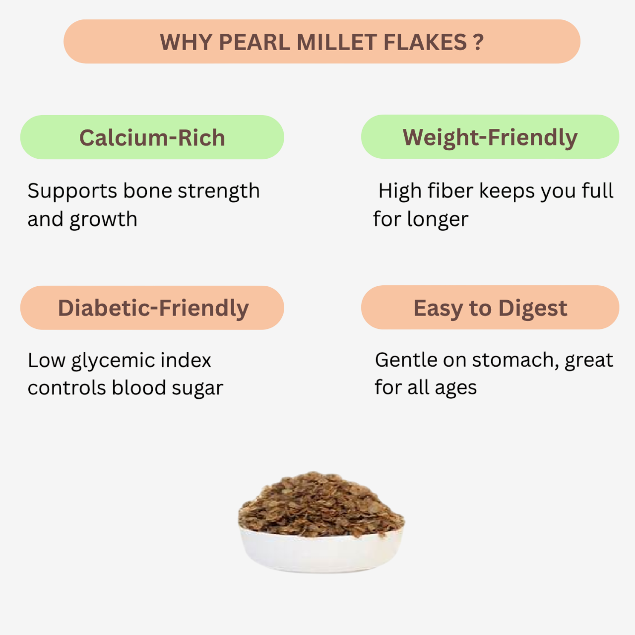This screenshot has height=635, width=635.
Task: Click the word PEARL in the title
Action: (254, 42)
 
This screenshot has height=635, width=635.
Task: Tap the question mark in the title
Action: (478, 42)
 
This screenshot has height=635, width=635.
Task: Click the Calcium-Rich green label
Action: (152, 137)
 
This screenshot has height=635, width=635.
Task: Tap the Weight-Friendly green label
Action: (490, 136)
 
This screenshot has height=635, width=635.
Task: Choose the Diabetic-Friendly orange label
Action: (152, 308)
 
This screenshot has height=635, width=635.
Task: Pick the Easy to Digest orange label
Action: (490, 307)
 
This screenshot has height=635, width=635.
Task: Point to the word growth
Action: (104, 220)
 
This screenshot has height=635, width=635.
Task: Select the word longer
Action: (438, 219)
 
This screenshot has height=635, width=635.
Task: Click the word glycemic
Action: (113, 361)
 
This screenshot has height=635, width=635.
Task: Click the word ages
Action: (456, 388)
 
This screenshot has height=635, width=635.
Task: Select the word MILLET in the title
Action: (336, 42)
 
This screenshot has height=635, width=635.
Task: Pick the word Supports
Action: (72, 191)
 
